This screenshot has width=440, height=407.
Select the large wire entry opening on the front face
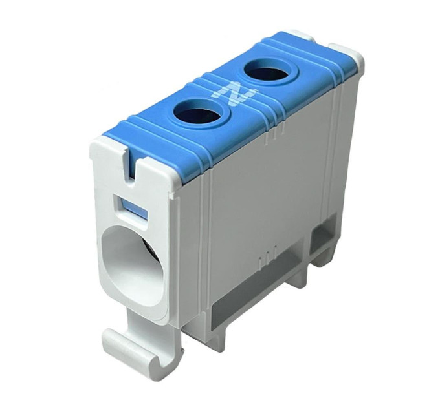tap(132, 266)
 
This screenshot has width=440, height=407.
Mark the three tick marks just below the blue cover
tap(274, 135)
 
